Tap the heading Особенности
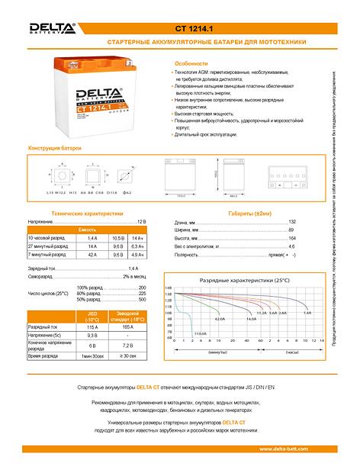[x=191, y=64]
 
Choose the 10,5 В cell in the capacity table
[x=117, y=238]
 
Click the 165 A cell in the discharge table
[x=127, y=326]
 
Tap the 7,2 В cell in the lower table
[x=127, y=346]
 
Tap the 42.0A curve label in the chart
[x=220, y=319]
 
